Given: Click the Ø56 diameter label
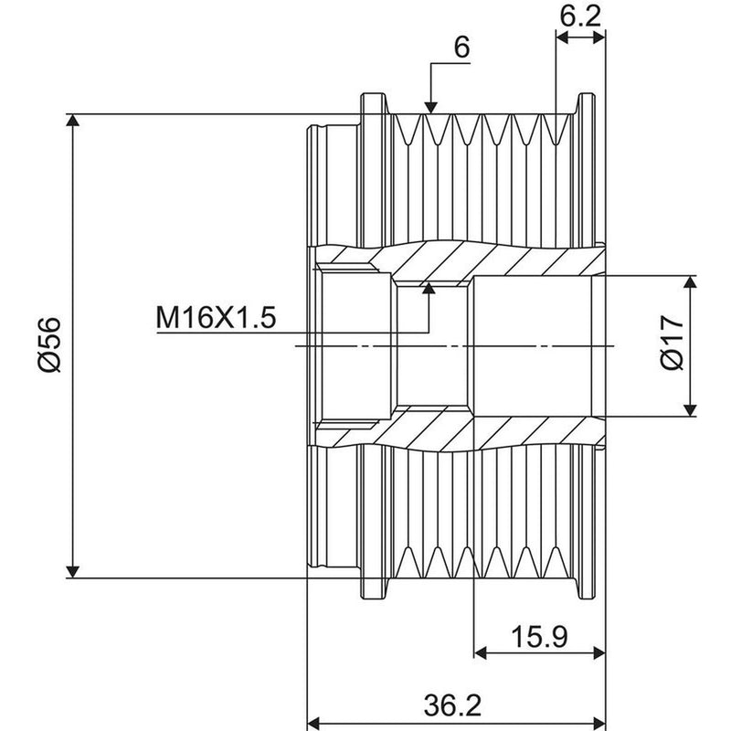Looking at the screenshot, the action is click(50, 345).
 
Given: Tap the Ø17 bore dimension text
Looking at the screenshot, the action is click(673, 343).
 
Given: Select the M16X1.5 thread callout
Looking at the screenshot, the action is click(216, 318).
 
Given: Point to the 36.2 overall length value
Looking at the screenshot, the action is click(452, 705).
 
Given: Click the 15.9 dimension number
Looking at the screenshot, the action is click(539, 637).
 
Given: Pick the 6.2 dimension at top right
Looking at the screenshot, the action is click(580, 16).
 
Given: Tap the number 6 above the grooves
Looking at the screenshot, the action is click(461, 48).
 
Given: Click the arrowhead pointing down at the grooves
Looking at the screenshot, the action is click(431, 108).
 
